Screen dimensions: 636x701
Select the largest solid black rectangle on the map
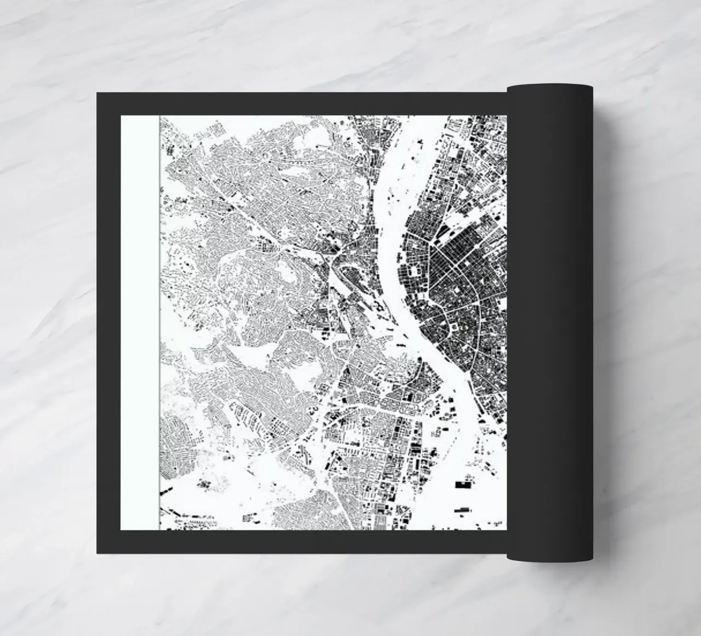click(463, 484)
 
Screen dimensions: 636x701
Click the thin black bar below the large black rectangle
click(463, 509)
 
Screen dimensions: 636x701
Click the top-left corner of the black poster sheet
click(98, 94)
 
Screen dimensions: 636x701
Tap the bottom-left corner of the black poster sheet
click(98, 553)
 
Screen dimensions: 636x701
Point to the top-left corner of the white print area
click(122, 116)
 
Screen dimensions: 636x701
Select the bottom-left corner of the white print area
click(122, 530)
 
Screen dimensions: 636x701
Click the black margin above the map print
click(307, 104)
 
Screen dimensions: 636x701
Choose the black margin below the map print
click(307, 542)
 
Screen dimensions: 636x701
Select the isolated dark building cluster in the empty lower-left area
click(205, 483)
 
